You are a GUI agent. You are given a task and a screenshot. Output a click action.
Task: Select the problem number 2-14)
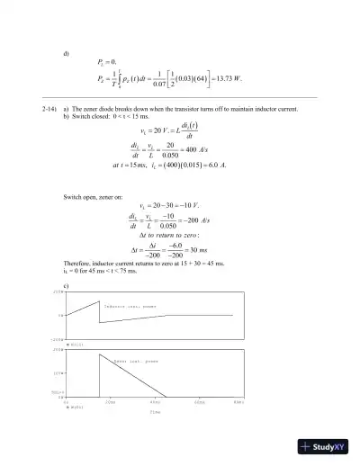[50, 109]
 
